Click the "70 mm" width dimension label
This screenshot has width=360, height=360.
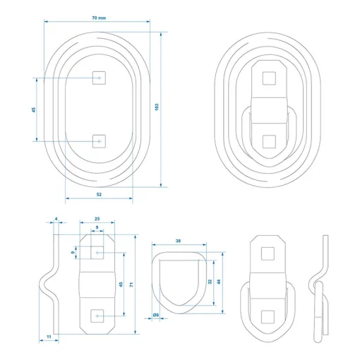(99, 18)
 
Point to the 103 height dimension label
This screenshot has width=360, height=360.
(157, 107)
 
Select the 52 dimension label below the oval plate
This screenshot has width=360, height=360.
(99, 194)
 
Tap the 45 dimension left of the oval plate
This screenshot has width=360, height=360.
(34, 109)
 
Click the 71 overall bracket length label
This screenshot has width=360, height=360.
(131, 284)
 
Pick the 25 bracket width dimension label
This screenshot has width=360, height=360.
(97, 219)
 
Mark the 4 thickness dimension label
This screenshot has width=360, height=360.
(56, 219)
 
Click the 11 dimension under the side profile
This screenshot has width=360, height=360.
(49, 337)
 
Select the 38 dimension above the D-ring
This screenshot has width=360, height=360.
(178, 241)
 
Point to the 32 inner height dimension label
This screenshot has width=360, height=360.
(210, 282)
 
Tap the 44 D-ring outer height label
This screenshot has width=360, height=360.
(219, 282)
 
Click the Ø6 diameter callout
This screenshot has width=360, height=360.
(156, 315)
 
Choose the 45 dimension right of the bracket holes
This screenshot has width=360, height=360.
(121, 284)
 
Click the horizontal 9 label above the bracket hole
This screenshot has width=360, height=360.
(97, 227)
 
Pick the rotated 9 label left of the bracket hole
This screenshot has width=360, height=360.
(73, 253)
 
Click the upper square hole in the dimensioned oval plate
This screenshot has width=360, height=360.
(99, 78)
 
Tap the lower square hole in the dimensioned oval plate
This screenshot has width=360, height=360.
(99, 141)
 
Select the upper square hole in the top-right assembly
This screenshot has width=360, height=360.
(269, 78)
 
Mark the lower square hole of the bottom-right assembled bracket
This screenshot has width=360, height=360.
(268, 317)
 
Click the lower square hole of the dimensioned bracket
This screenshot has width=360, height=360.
(97, 316)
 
